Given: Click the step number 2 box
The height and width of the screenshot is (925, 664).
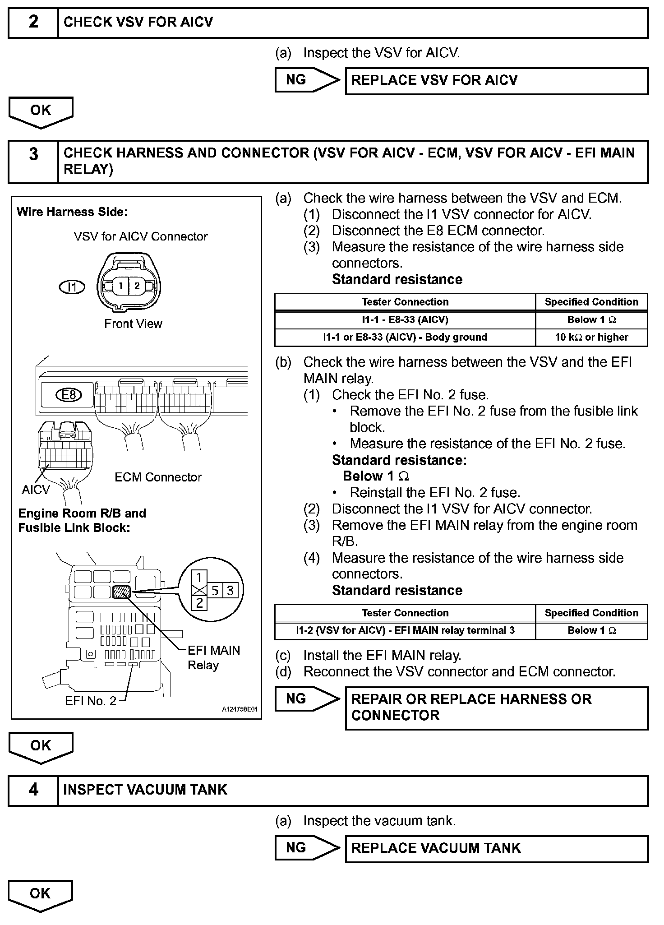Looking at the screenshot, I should pos(33,22).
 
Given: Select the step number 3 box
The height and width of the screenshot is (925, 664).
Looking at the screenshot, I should pos(33,161).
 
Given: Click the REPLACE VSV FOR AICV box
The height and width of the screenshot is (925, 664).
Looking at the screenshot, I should pos(496,81).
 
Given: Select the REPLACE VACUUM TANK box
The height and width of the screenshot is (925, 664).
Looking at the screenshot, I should pos(496,848).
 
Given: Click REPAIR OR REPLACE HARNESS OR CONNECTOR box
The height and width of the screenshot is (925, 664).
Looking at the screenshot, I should pos(496,707).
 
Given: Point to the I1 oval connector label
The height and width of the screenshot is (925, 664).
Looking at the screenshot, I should pos(72,287).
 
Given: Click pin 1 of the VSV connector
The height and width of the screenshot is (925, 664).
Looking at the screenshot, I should pos(120,286).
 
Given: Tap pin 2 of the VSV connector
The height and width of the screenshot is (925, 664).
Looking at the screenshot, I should pos(137,286).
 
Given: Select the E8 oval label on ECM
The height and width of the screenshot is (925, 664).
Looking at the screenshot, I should pos(69,395).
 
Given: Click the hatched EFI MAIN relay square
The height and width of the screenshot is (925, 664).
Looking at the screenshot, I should pos(121,591).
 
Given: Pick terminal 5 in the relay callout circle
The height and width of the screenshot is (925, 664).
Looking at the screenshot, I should pos(215,591).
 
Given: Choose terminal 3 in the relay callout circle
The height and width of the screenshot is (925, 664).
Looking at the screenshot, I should pos(230,591).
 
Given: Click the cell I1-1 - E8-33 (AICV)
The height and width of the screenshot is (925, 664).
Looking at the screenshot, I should pos(405,320).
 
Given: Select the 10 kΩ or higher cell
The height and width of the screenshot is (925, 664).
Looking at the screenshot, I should pos(591,337).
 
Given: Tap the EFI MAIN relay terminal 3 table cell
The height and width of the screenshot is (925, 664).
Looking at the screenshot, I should pos(405,630).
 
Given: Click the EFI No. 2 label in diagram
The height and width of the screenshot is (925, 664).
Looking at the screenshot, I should pos(91,701).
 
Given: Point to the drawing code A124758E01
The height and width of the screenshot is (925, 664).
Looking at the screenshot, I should pos(240,709).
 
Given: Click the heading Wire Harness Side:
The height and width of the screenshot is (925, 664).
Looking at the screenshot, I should pos(72,212).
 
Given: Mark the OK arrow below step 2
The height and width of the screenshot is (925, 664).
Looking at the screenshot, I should pos(41,112).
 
